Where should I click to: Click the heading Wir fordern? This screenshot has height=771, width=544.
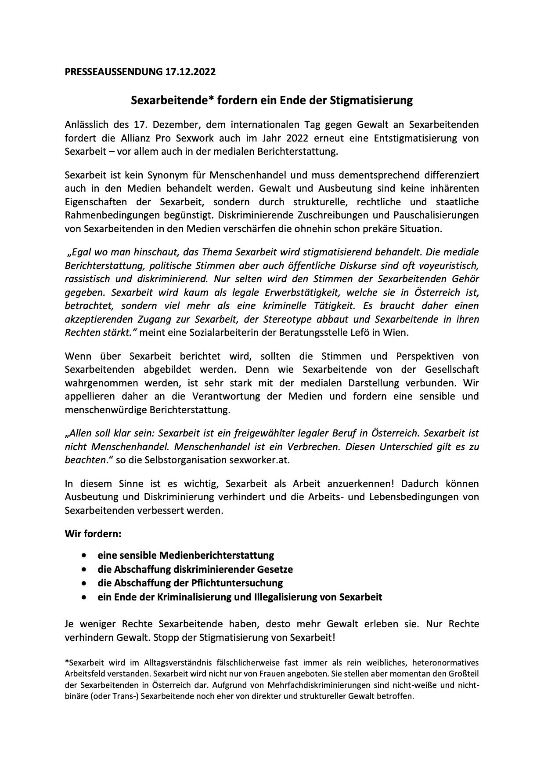coord(93,534)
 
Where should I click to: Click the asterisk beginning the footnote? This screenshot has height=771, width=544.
coord(66,662)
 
